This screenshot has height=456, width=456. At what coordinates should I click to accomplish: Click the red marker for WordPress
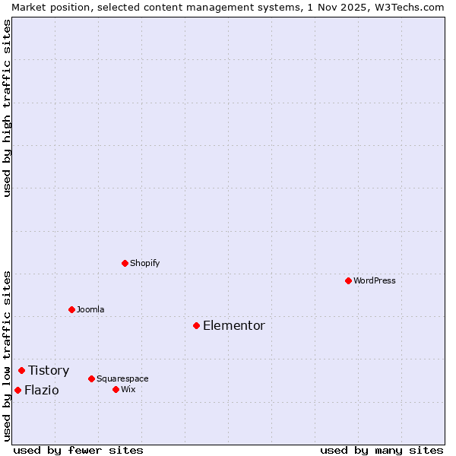pyautogui.click(x=348, y=280)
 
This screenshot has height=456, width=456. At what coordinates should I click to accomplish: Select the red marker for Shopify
pyautogui.click(x=125, y=263)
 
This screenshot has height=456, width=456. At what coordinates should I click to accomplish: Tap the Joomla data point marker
pyautogui.click(x=71, y=309)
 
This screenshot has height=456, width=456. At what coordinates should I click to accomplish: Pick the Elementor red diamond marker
pyautogui.click(x=196, y=325)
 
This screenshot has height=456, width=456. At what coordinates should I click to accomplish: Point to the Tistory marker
pyautogui.click(x=21, y=370)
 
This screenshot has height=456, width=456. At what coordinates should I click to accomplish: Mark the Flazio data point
pyautogui.click(x=17, y=390)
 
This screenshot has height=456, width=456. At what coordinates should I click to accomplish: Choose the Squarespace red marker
pyautogui.click(x=91, y=378)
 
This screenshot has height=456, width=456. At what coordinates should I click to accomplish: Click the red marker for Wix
pyautogui.click(x=116, y=389)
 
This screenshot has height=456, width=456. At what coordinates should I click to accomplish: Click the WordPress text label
pyautogui.click(x=375, y=280)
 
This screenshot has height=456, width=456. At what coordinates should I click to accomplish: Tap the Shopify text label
pyautogui.click(x=144, y=263)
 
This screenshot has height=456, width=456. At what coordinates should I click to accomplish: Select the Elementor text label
pyautogui.click(x=234, y=325)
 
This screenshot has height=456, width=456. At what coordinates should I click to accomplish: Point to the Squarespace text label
pyautogui.click(x=122, y=378)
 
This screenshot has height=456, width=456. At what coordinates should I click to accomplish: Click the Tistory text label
pyautogui.click(x=49, y=370)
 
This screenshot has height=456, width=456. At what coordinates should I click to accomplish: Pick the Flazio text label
pyautogui.click(x=41, y=390)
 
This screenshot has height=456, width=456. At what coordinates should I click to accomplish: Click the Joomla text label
pyautogui.click(x=90, y=309)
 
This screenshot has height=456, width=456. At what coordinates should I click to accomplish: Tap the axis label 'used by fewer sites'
pyautogui.click(x=78, y=450)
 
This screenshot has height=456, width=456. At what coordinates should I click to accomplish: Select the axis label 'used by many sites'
pyautogui.click(x=382, y=450)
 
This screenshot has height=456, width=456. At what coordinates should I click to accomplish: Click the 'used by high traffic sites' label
pyautogui.click(x=7, y=108)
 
